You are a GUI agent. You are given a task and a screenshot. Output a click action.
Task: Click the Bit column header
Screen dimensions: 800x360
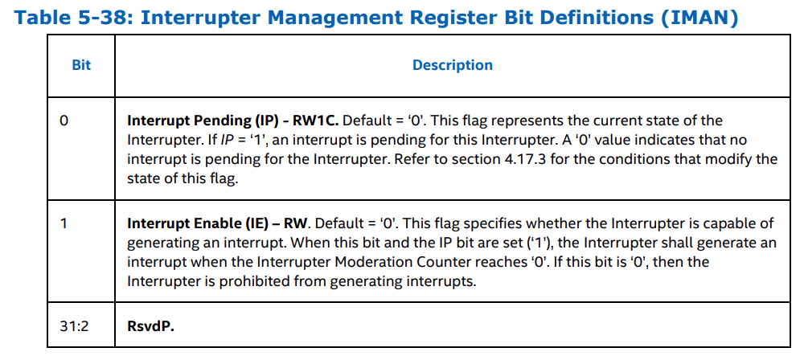tap(81, 65)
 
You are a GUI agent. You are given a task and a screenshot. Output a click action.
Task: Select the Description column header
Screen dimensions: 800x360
tap(452, 65)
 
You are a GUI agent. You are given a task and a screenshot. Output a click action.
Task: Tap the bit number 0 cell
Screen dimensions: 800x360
tap(64, 121)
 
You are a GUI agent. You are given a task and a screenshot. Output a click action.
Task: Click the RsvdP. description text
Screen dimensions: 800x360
tap(150, 327)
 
